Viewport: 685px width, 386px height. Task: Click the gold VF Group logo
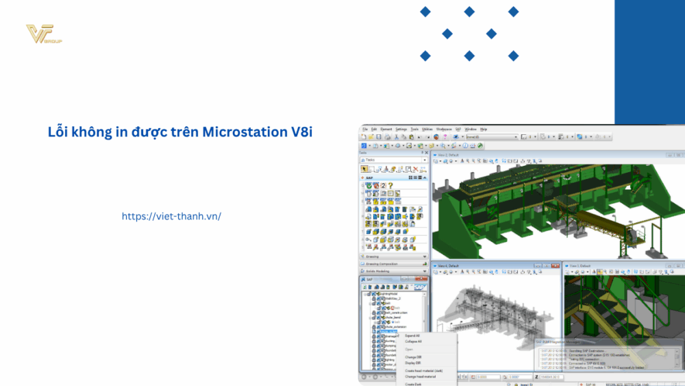(x=43, y=34)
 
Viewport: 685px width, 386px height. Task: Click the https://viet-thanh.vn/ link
(x=171, y=216)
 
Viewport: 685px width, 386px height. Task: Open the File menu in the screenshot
(x=366, y=129)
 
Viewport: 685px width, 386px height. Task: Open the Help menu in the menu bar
(x=484, y=129)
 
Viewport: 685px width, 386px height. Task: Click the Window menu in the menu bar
(x=471, y=129)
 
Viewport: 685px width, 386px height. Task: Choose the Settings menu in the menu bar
(x=401, y=129)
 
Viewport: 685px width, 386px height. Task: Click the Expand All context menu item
(x=412, y=336)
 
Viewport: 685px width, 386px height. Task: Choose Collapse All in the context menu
(x=413, y=341)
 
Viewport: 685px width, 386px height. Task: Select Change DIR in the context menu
(x=413, y=357)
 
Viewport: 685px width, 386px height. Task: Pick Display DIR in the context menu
(x=413, y=363)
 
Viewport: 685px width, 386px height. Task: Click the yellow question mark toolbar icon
(x=390, y=185)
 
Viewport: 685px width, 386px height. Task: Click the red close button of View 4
(x=559, y=265)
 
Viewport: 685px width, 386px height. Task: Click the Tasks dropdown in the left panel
(x=395, y=160)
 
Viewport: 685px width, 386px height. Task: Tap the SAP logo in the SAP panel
(x=419, y=288)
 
